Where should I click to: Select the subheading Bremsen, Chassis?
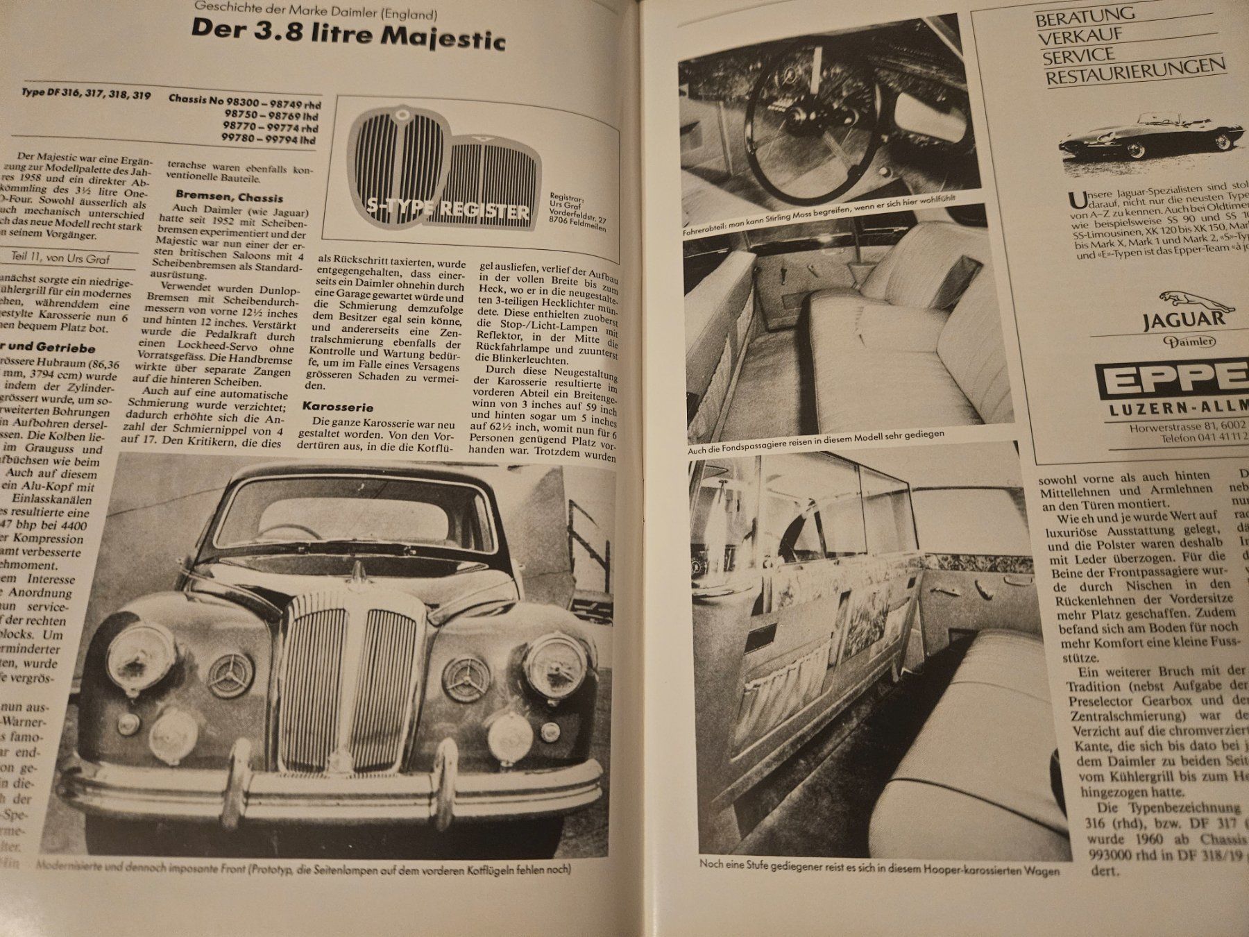click(229, 196)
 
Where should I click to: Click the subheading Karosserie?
click(338, 407)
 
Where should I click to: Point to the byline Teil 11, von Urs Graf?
click(61, 258)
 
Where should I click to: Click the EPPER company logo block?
click(1173, 380)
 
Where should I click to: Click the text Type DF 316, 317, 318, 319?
click(86, 95)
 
